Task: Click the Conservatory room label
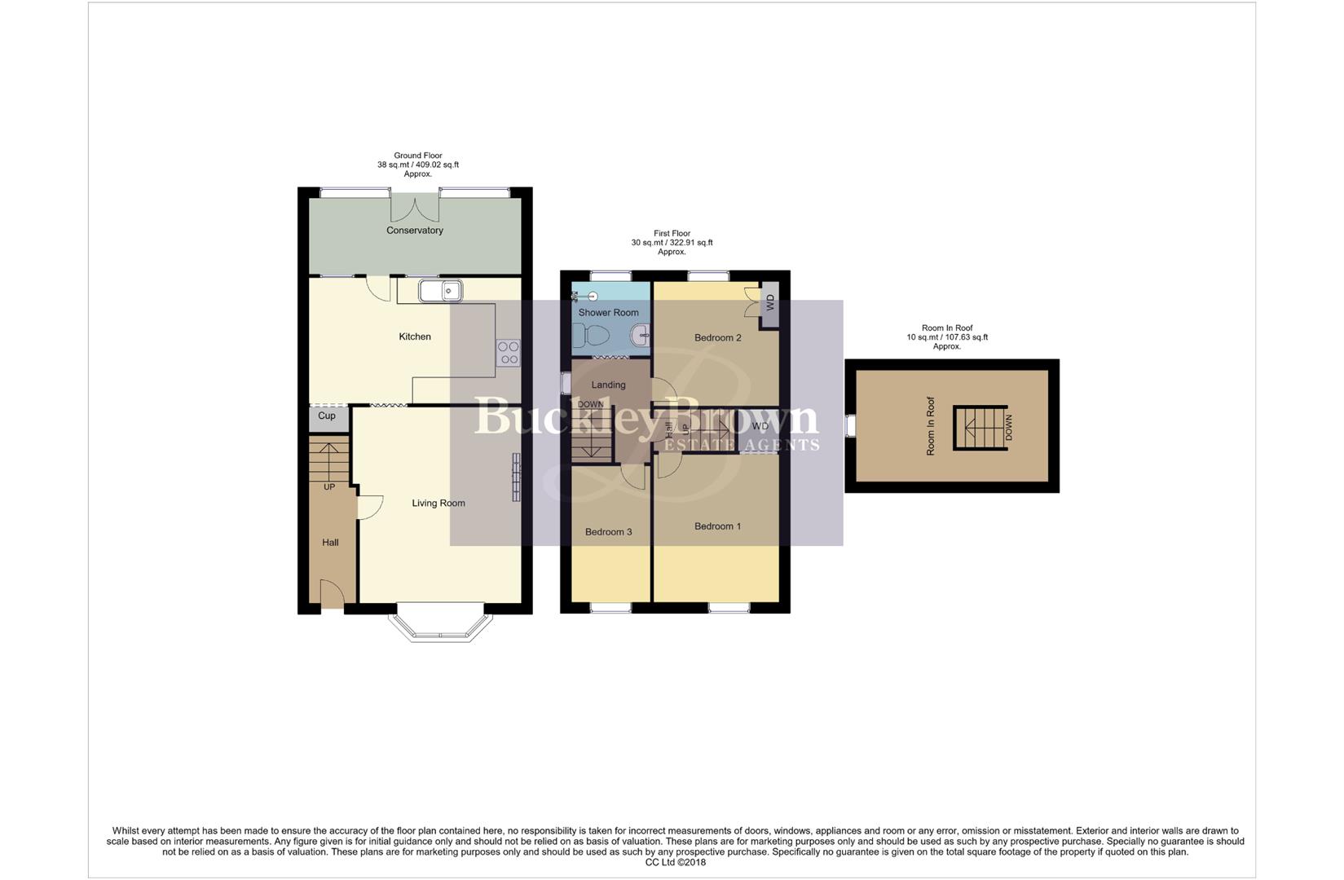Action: pyautogui.click(x=414, y=231)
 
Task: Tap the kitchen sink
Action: pyautogui.click(x=440, y=291)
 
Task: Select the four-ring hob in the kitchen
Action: pyautogui.click(x=509, y=353)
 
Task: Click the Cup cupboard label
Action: pyautogui.click(x=327, y=416)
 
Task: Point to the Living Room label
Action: pyautogui.click(x=438, y=504)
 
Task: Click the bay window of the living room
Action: pyautogui.click(x=441, y=627)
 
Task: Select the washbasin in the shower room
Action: pyautogui.click(x=641, y=334)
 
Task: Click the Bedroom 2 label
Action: pyautogui.click(x=717, y=338)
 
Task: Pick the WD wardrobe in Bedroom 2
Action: pyautogui.click(x=769, y=305)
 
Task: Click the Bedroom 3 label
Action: pyautogui.click(x=608, y=532)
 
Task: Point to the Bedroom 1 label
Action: pyautogui.click(x=717, y=526)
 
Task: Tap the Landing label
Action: pyautogui.click(x=608, y=385)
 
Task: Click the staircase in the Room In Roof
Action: pyautogui.click(x=980, y=428)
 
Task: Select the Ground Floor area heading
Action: pyautogui.click(x=417, y=165)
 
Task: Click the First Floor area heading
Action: pyautogui.click(x=672, y=243)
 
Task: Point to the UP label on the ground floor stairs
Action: pyautogui.click(x=329, y=487)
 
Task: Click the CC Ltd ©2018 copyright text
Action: pyautogui.click(x=675, y=862)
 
